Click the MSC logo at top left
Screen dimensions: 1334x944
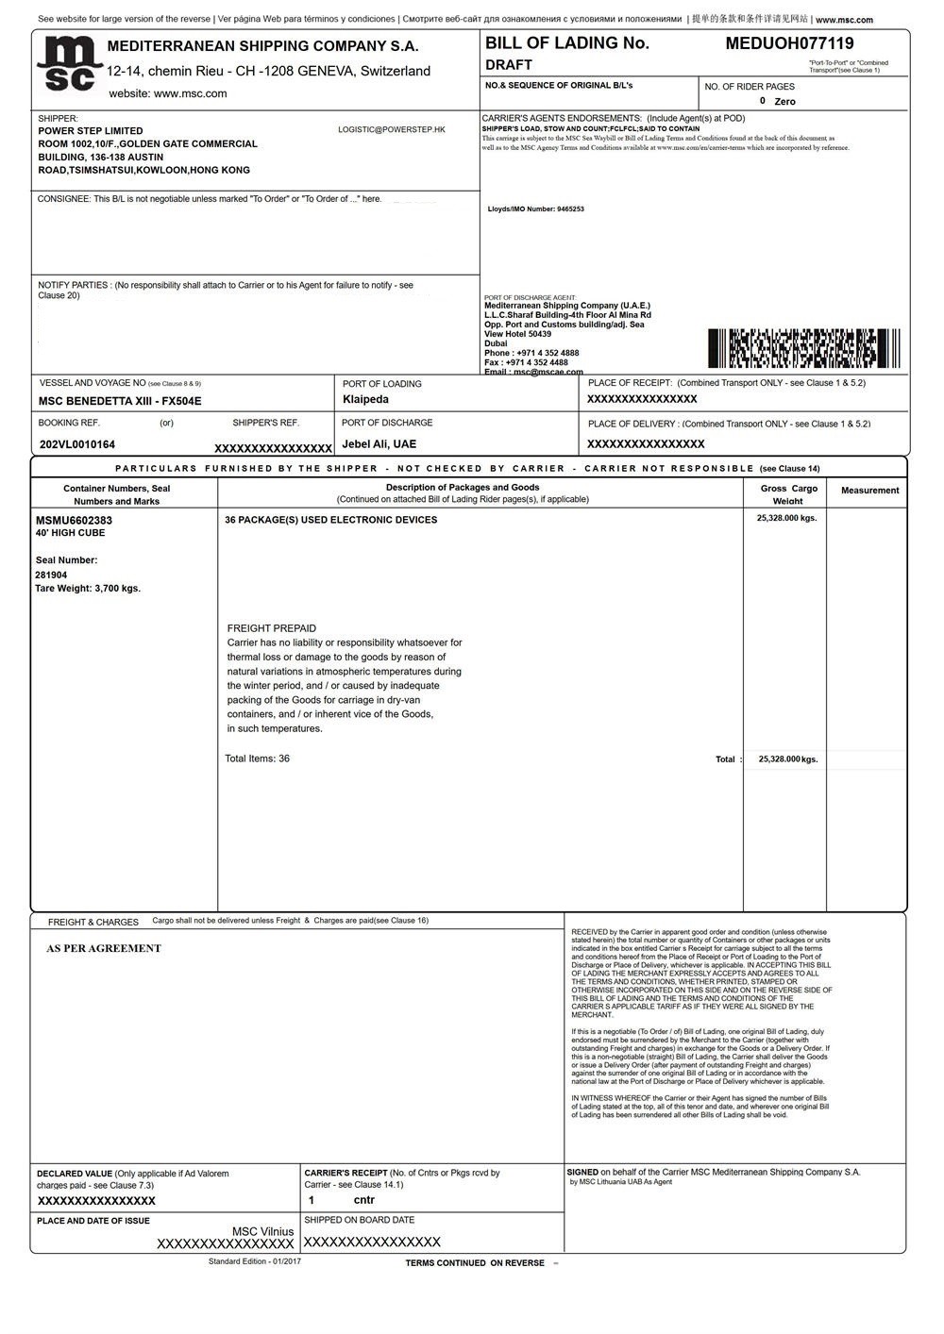[x=68, y=65]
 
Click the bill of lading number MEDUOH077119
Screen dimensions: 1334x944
[x=789, y=43]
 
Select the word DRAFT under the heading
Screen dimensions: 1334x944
[x=509, y=65]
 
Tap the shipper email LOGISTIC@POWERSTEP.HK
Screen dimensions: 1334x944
[x=391, y=129]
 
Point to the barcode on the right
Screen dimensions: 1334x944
[x=803, y=348]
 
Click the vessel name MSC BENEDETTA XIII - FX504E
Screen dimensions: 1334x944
[x=120, y=401]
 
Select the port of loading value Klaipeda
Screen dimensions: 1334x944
[x=365, y=400]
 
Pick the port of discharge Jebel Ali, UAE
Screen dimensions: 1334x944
[x=379, y=444]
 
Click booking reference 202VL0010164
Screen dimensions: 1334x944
[x=77, y=444]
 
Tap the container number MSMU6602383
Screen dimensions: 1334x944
[x=74, y=520]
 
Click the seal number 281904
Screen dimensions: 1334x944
[x=51, y=575]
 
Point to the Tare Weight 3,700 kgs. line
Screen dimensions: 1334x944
[x=88, y=589]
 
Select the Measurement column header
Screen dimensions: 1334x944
[x=869, y=491]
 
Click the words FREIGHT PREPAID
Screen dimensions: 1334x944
[x=272, y=628]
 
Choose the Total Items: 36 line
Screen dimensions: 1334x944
[x=257, y=759]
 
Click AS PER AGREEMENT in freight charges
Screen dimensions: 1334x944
[x=104, y=949]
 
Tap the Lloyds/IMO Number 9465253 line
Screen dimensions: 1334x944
[x=535, y=209]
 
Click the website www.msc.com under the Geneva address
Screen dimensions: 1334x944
[x=168, y=93]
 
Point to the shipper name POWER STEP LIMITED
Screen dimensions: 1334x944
[x=91, y=131]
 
